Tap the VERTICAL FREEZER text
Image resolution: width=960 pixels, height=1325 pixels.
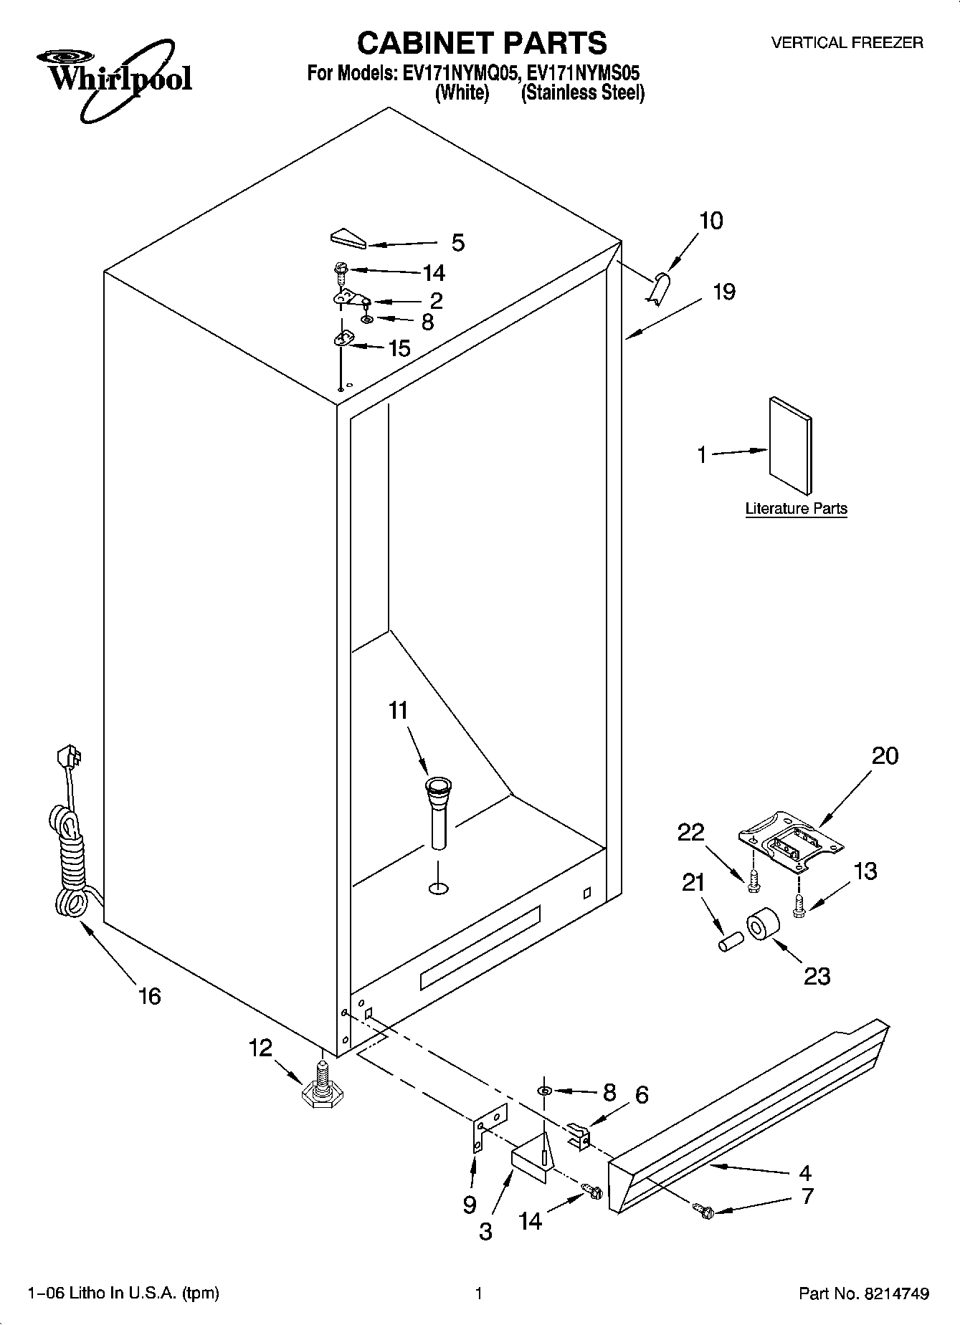847,43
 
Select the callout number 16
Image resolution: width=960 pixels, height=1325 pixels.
149,995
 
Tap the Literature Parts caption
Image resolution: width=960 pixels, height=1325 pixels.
796,509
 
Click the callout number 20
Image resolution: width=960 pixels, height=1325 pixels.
885,755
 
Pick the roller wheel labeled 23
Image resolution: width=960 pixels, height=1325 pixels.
762,928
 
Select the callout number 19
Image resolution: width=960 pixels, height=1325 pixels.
724,292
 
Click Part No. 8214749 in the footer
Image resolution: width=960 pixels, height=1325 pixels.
864,1293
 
